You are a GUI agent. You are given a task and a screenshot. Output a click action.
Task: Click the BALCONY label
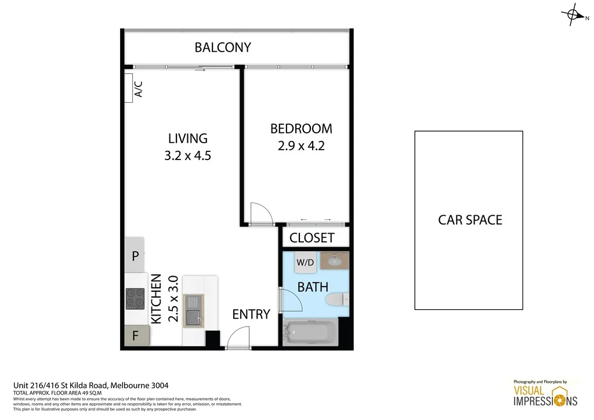(x=223, y=48)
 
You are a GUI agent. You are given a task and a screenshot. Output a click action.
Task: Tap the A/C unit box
(x=134, y=89)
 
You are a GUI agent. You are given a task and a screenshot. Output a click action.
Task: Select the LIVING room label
(x=187, y=139)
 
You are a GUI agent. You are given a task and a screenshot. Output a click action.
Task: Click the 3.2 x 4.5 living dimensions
(x=187, y=155)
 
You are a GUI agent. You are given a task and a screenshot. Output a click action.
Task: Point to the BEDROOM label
(x=301, y=129)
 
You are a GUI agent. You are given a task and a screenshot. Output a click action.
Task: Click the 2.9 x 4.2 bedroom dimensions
(x=301, y=146)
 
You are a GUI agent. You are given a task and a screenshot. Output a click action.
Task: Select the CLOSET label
(x=312, y=238)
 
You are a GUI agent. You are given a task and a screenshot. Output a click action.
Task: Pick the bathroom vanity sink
(x=334, y=261)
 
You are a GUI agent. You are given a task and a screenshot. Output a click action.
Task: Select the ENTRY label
(x=251, y=314)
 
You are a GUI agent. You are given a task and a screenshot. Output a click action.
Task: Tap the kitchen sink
(x=193, y=311)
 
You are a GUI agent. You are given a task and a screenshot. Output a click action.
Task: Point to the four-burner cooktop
(x=135, y=299)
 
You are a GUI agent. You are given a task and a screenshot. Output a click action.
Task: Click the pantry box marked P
(x=135, y=256)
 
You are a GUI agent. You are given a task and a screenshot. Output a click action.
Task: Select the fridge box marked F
(x=135, y=335)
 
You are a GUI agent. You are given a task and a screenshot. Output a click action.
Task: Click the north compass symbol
(x=573, y=17)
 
